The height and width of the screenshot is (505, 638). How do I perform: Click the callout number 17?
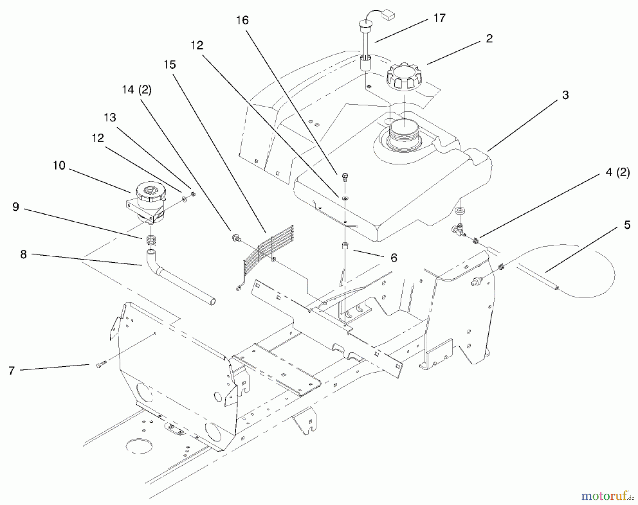coord(439,18)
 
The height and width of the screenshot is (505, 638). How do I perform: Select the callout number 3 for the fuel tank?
coord(565,95)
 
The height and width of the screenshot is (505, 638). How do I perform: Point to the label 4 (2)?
coord(617,173)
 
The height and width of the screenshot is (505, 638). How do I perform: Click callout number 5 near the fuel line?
coord(627,225)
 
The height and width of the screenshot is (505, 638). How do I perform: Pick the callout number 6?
coord(393,258)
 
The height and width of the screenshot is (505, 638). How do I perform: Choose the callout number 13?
coord(110,117)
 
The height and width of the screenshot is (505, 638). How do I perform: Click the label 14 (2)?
coord(136,90)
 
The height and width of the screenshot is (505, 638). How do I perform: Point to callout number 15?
coord(169,64)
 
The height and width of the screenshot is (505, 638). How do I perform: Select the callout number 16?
coord(242,20)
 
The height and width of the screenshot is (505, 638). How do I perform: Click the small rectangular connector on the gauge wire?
coord(389,16)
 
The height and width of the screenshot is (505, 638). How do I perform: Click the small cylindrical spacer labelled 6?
coord(344,246)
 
